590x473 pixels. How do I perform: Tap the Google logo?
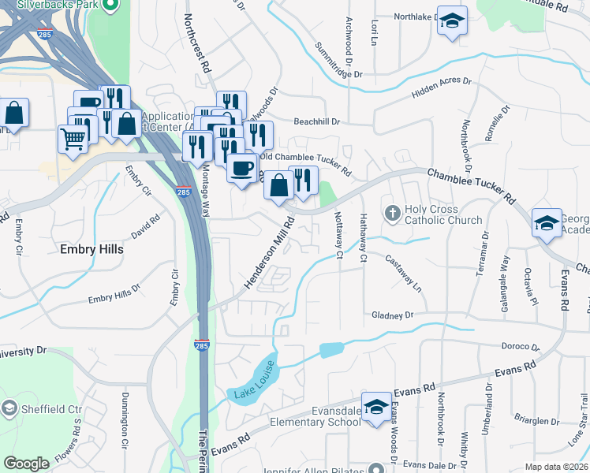pos(27,464)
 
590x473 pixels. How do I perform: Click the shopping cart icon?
pos(73,140)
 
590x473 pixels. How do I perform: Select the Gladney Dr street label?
pos(392,315)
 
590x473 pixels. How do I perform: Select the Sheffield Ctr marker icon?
pos(9,409)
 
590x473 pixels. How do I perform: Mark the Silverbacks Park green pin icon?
pos(110,6)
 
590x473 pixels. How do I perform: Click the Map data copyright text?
pos(555,467)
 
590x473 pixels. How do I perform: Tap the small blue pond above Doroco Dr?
pos(332,350)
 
